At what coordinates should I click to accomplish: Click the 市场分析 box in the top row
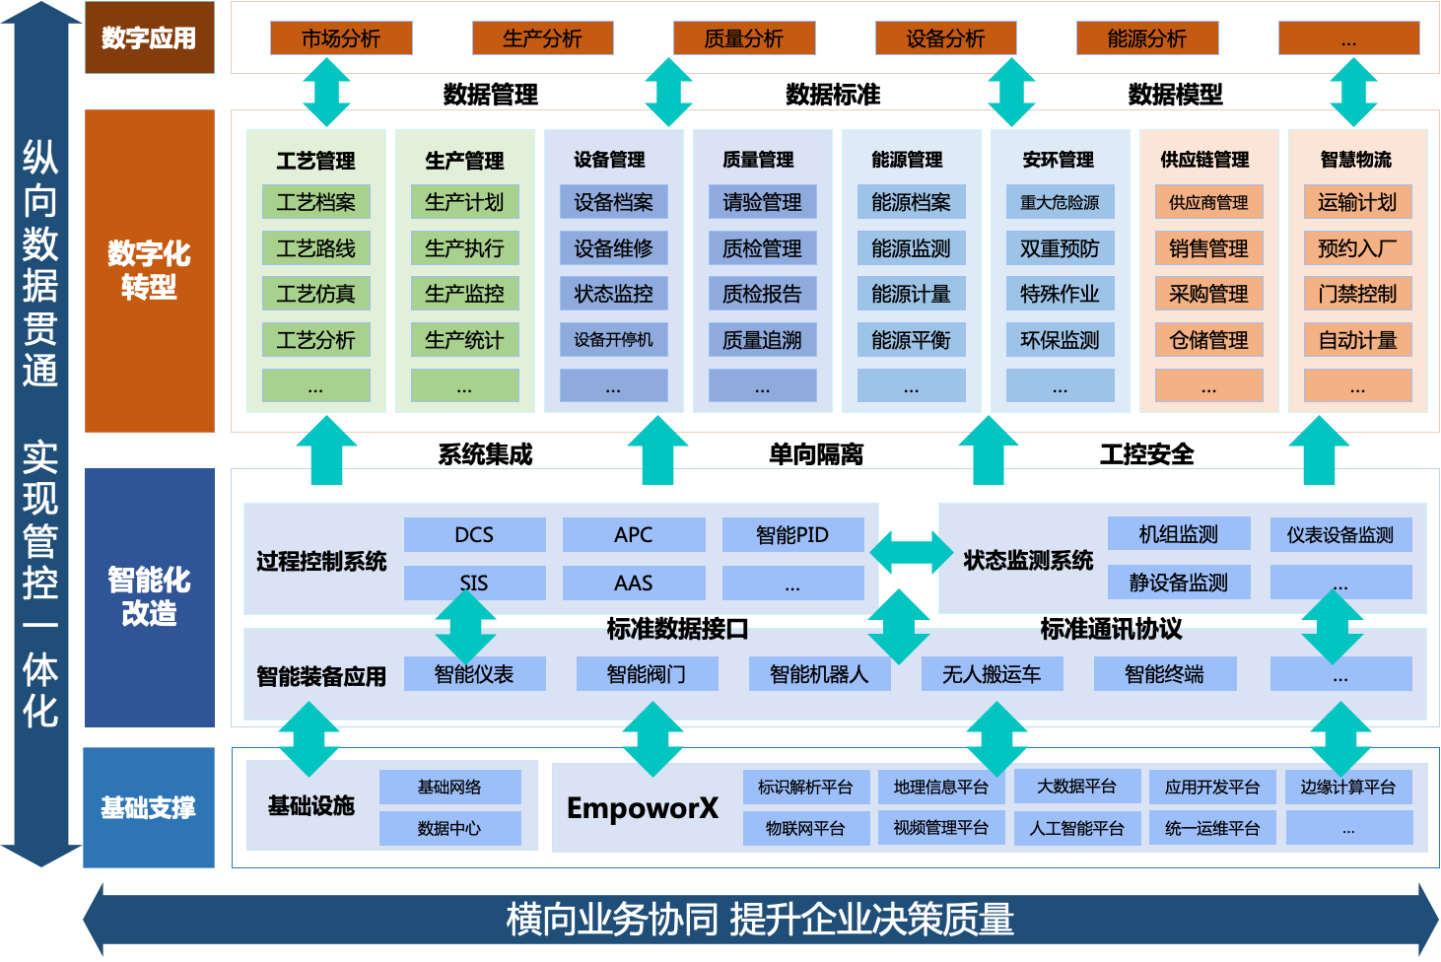(341, 38)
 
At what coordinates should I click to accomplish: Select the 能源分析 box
(1147, 38)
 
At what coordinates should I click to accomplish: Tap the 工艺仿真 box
(316, 294)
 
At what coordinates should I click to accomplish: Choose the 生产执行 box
(464, 248)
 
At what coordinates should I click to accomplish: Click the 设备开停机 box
(613, 340)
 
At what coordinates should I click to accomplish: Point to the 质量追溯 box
(762, 340)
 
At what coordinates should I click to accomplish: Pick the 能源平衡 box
(911, 340)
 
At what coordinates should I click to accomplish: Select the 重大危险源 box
(1060, 202)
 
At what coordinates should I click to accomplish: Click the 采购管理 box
(1208, 294)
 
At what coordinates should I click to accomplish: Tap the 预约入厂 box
(1357, 248)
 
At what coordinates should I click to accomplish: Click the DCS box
(474, 534)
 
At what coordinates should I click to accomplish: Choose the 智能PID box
(792, 534)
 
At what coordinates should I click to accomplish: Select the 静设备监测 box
(1179, 582)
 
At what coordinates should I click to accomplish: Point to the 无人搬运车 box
(992, 674)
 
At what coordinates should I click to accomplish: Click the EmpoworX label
(643, 808)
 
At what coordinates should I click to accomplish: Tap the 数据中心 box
(449, 828)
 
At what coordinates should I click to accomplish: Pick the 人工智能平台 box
(1077, 828)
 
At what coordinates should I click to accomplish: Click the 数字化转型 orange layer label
(149, 270)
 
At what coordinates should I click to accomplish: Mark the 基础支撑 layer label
(149, 807)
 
